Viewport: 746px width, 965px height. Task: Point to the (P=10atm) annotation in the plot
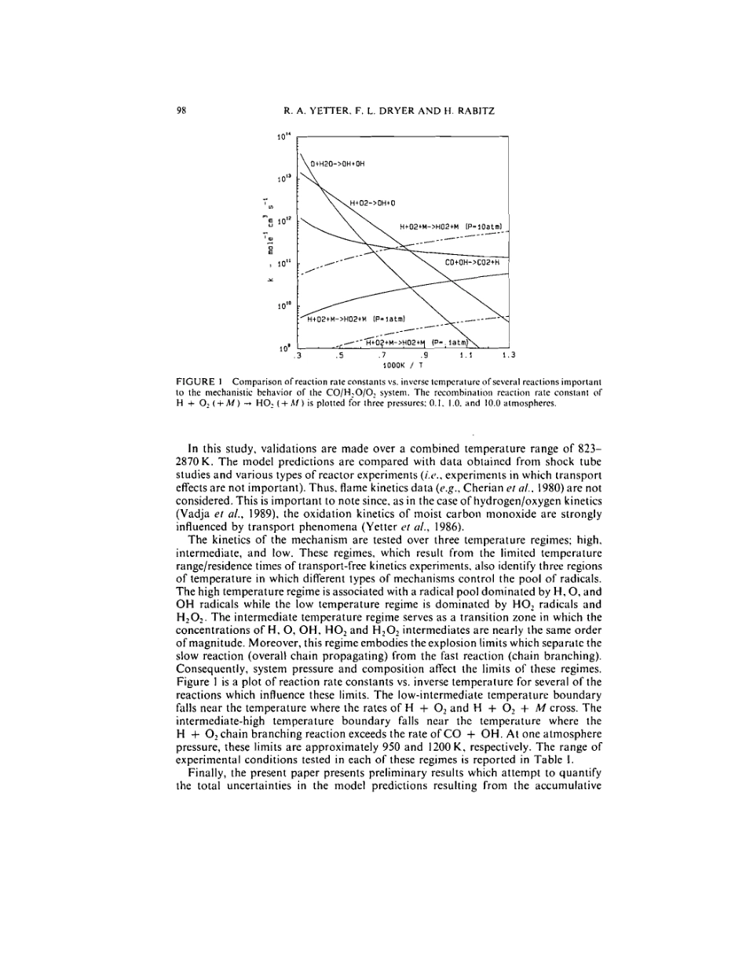(x=483, y=228)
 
